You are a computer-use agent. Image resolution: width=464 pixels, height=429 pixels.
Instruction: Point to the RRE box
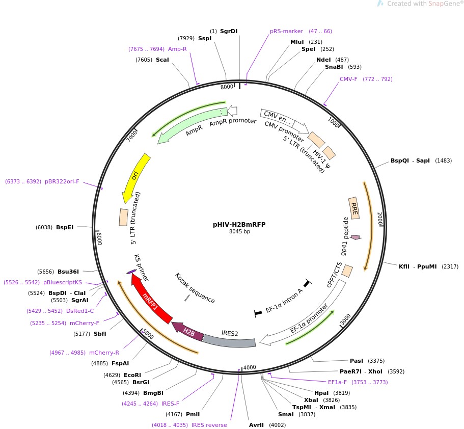(x=354, y=208)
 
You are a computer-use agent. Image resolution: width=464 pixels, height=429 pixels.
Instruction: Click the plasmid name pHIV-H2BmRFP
(x=239, y=224)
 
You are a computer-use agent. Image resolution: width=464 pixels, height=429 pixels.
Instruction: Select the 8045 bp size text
(x=239, y=232)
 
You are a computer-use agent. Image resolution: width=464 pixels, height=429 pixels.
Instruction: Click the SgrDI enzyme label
(x=229, y=31)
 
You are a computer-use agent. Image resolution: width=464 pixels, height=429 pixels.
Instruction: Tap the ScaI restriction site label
(x=162, y=60)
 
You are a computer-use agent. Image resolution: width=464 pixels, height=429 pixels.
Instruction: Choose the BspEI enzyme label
(x=65, y=227)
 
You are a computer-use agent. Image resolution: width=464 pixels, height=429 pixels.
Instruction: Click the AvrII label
(x=257, y=424)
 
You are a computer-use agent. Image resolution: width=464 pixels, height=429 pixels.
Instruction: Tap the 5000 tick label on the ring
(x=148, y=334)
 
